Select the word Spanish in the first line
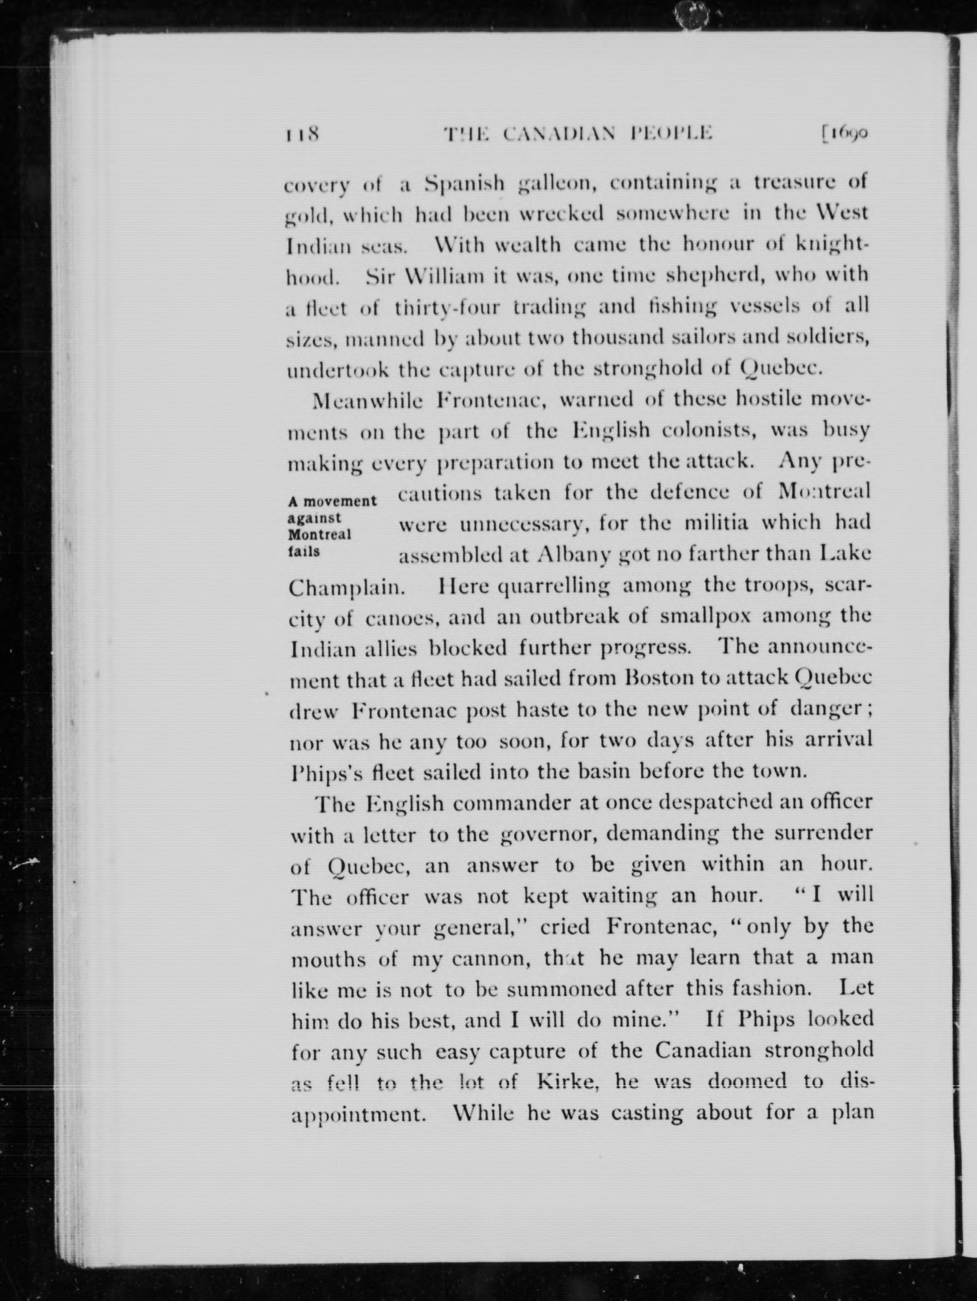(464, 184)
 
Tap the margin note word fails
(304, 552)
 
